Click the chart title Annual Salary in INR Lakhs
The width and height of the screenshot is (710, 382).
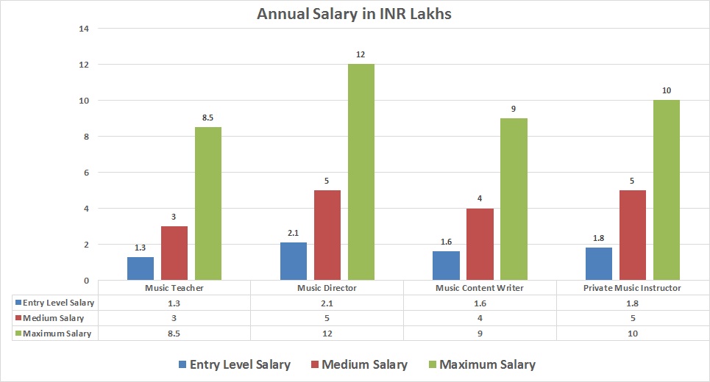(x=355, y=14)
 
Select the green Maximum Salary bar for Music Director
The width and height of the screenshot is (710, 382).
(x=361, y=172)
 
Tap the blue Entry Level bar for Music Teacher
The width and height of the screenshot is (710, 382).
(x=141, y=268)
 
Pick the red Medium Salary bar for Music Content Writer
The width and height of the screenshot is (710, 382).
(x=480, y=244)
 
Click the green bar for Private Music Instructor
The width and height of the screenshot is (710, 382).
(x=667, y=190)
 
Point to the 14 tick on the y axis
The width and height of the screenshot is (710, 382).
(x=84, y=29)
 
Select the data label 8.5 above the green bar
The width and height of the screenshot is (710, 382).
(x=208, y=118)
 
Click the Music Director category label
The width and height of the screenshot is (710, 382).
(x=327, y=288)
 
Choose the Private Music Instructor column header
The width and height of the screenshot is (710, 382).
(x=633, y=288)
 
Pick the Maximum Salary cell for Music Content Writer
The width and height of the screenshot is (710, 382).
(x=480, y=334)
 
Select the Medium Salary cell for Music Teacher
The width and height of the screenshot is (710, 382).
(x=174, y=318)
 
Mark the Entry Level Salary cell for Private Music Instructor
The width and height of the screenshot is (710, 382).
(x=633, y=303)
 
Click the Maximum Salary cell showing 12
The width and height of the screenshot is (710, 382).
(x=327, y=334)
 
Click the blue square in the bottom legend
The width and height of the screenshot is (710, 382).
(x=182, y=364)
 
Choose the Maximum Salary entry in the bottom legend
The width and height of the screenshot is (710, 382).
(x=480, y=364)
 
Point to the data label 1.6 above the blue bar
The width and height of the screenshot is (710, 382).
(x=446, y=242)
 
